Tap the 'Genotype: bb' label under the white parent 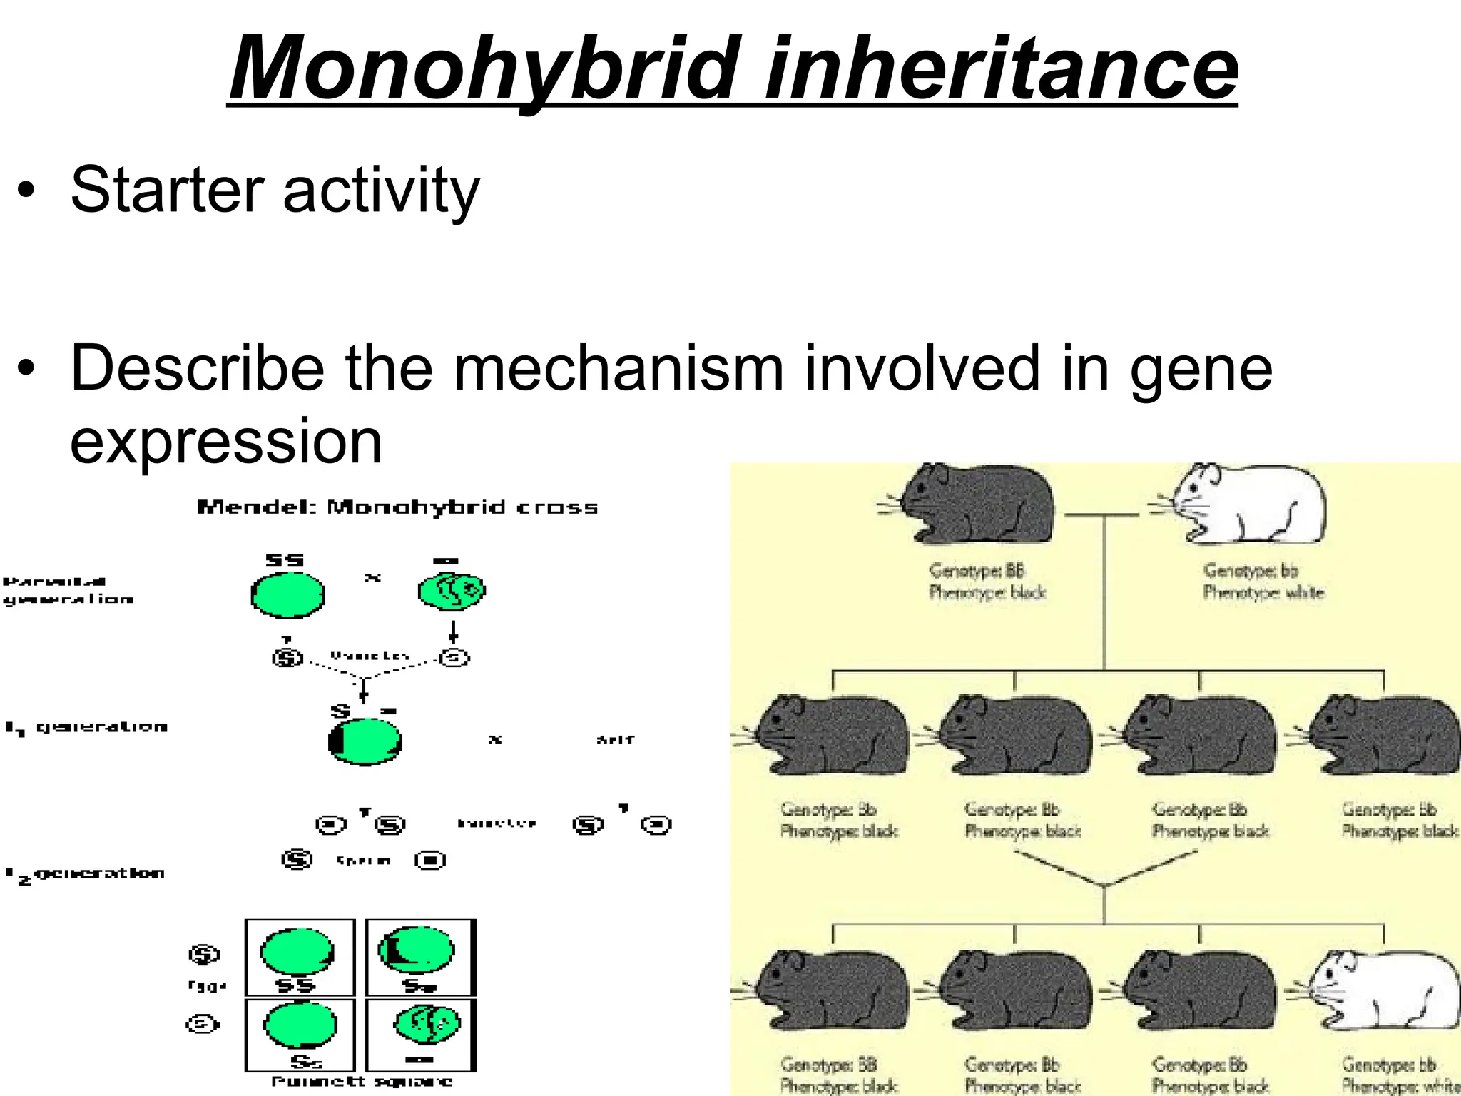pos(1251,570)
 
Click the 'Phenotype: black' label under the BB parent pos(987,592)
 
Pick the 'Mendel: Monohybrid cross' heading pos(397,507)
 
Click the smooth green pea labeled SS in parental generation pos(287,594)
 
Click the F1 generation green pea pos(365,741)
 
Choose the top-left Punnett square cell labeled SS pos(300,957)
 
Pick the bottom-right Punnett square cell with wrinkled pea pos(421,1035)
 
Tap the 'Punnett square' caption pos(362,1082)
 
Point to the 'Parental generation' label pos(68,590)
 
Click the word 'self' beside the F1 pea pos(615,739)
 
